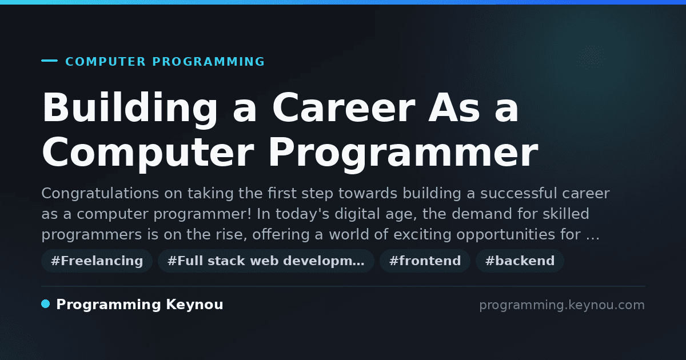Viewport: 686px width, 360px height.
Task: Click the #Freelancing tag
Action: point(97,261)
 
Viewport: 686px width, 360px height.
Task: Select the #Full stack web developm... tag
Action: point(266,261)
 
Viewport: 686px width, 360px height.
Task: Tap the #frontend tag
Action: point(425,261)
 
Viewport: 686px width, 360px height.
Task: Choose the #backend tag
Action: point(520,261)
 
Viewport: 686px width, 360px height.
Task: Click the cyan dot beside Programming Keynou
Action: point(46,304)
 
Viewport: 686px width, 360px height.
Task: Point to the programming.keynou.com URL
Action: point(562,305)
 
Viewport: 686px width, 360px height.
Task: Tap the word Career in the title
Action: point(344,108)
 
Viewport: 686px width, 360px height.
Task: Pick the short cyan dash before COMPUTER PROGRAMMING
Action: point(49,61)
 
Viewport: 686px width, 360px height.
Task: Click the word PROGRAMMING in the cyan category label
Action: point(208,62)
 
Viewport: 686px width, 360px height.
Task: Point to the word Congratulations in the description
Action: point(100,194)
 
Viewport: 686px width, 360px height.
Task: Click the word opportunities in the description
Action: point(505,235)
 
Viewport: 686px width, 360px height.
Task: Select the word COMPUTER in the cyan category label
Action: point(105,62)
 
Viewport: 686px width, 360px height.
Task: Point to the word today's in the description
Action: point(302,214)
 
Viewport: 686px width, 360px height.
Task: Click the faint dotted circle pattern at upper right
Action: point(591,57)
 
